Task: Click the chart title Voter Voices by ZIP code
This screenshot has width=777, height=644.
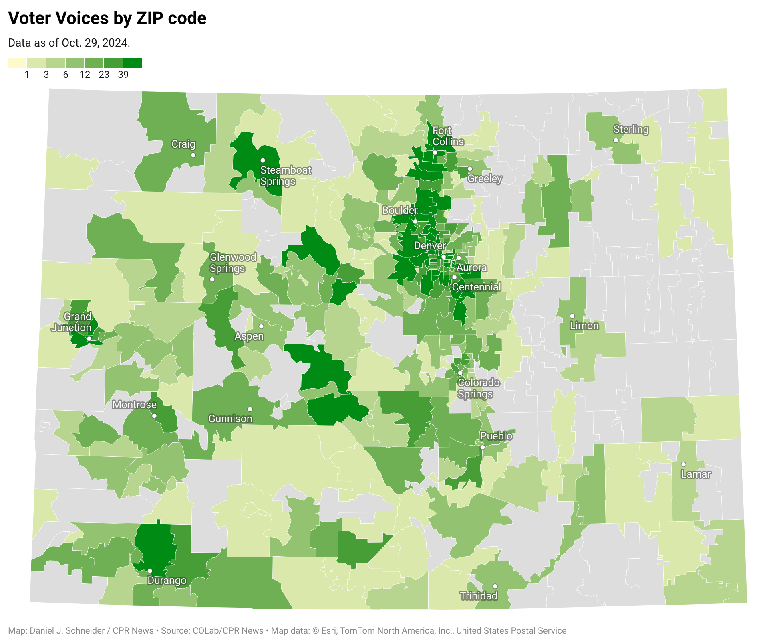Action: click(107, 18)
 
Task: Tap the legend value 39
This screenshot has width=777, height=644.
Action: click(123, 75)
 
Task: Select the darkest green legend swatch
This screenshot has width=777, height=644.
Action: click(132, 63)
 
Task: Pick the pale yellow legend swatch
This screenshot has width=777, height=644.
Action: click(17, 63)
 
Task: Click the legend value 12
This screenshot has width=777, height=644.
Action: click(85, 75)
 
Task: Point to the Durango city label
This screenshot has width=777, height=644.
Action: click(167, 580)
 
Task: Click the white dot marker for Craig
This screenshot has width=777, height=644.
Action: click(193, 155)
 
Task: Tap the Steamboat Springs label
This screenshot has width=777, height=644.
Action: click(286, 176)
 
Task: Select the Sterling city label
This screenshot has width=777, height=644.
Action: click(631, 129)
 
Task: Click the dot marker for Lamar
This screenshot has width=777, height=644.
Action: click(683, 464)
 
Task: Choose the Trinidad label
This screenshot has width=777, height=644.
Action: click(479, 596)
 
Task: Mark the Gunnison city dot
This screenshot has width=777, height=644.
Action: click(250, 409)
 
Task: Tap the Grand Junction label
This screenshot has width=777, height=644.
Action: click(72, 322)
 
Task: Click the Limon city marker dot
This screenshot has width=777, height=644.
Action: click(572, 316)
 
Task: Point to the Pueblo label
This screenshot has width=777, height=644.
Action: click(496, 436)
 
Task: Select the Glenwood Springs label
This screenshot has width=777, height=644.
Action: click(233, 263)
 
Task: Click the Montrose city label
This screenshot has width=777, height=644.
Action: click(134, 405)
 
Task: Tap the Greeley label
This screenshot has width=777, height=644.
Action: click(485, 178)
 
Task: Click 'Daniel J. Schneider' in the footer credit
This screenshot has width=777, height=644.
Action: click(67, 631)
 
